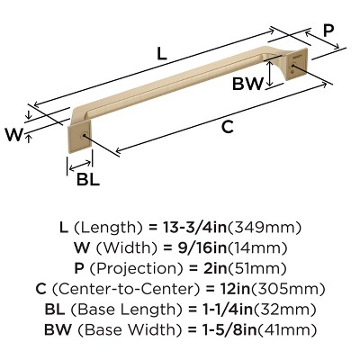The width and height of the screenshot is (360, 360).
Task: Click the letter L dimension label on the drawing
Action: point(161,53)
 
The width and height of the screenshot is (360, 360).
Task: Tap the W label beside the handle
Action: point(13,135)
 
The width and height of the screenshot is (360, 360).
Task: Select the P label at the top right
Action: point(328,30)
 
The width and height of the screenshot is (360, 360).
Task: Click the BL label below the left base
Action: point(88,179)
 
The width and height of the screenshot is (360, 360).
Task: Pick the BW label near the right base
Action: point(247,85)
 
